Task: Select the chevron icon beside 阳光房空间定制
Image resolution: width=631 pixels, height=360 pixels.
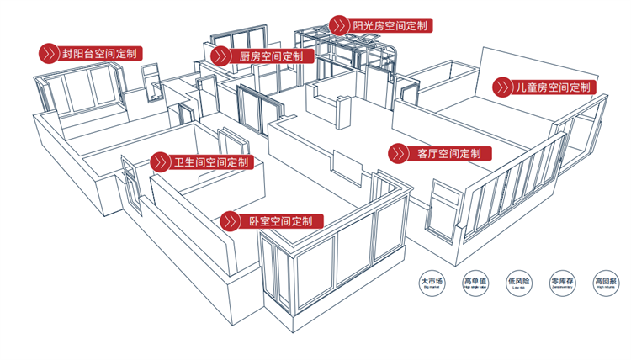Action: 339,25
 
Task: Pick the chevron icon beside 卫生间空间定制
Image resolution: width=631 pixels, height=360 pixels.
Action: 160,161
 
